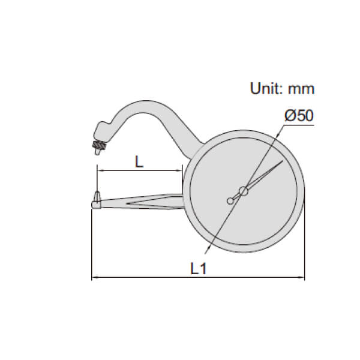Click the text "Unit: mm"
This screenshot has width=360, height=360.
click(282, 89)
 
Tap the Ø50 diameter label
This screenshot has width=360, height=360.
click(299, 116)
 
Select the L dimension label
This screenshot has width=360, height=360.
click(139, 161)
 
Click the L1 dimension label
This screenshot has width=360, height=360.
click(199, 268)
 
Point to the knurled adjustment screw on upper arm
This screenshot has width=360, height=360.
click(99, 145)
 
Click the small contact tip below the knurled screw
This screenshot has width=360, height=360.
click(97, 152)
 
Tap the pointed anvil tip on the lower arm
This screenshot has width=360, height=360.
click(97, 196)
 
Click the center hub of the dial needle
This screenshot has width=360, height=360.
click(244, 191)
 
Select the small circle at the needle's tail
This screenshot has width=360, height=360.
click(230, 201)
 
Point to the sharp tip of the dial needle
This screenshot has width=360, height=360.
click(283, 161)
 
